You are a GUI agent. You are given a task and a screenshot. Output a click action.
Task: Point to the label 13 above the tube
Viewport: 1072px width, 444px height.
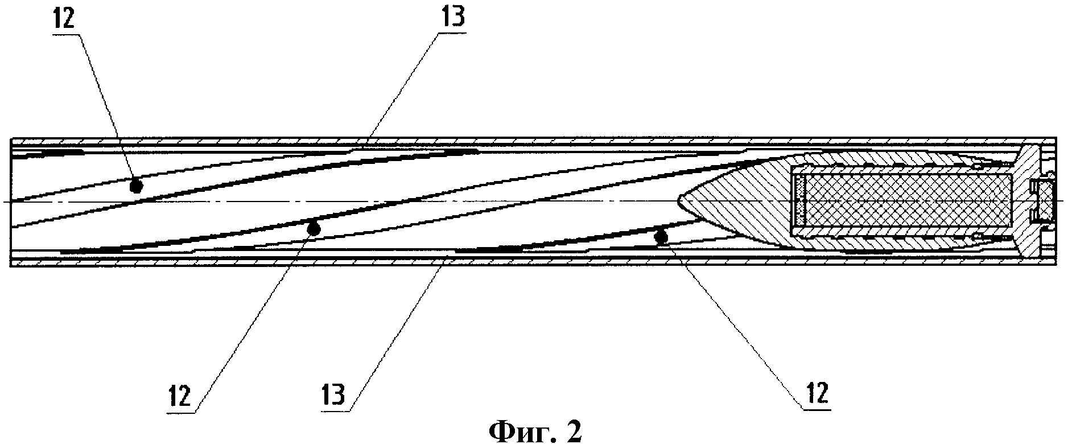pos(451,18)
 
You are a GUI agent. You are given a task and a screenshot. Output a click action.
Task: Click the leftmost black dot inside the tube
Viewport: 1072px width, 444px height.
pos(135,186)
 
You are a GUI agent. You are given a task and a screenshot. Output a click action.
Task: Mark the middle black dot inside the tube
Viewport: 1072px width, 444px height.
pos(313,229)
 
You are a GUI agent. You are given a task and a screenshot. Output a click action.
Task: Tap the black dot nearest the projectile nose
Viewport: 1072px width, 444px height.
pos(661,236)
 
